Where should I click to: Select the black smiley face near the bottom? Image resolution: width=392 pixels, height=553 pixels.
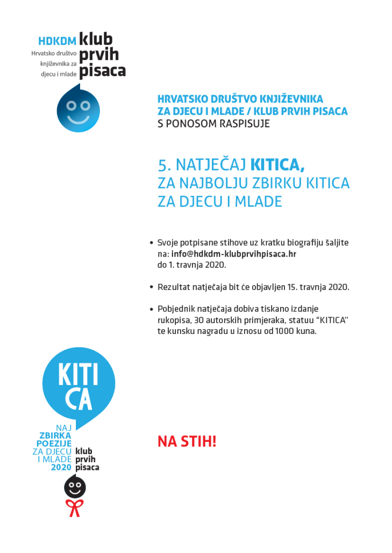coord(75,487)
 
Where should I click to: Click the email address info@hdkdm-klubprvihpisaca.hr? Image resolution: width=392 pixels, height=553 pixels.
coord(234,254)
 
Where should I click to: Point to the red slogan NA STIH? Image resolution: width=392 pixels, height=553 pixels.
coord(187,442)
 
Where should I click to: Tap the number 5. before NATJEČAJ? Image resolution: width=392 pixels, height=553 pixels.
coord(164,164)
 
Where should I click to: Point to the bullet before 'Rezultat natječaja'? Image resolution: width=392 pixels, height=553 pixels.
coord(151,287)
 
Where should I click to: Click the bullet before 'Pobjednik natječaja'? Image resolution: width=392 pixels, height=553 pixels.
coord(151,309)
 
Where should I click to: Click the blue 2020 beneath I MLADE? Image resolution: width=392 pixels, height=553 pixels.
coord(61,467)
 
